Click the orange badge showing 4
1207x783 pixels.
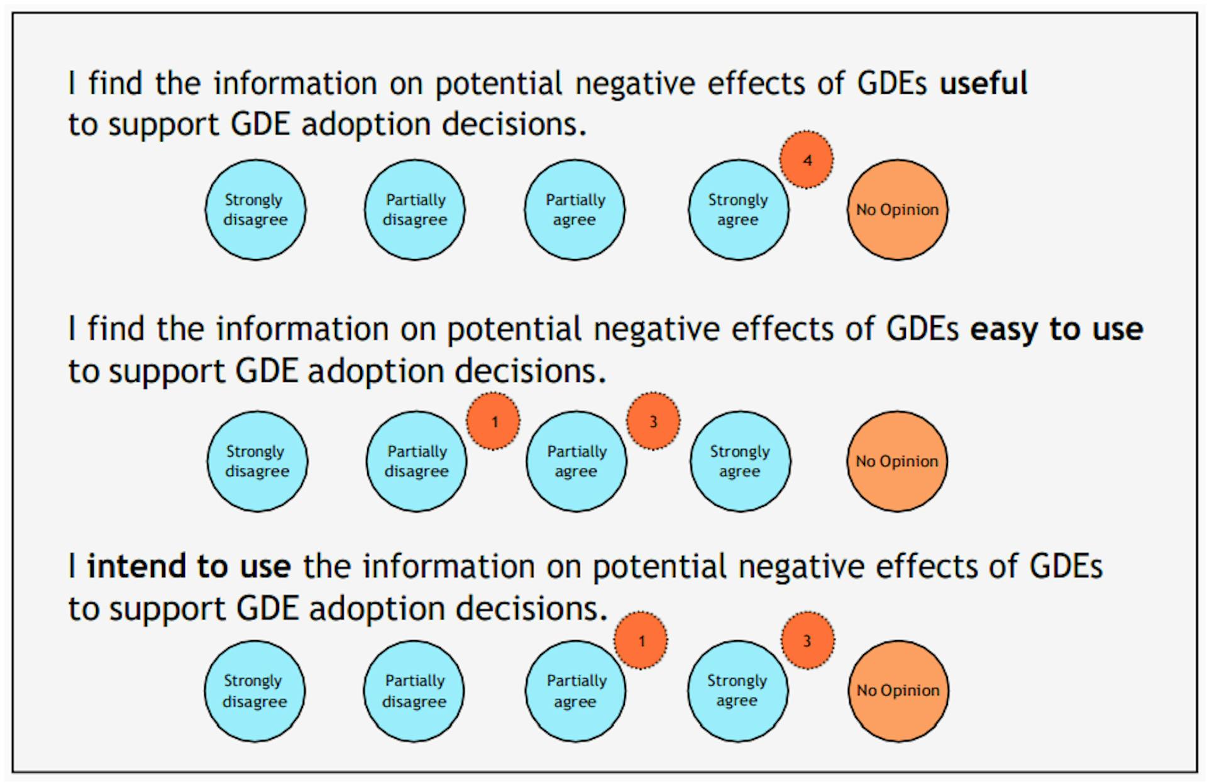807,160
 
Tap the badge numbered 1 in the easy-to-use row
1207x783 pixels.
493,421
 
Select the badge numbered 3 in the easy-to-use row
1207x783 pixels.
653,421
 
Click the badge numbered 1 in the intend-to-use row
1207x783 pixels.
641,640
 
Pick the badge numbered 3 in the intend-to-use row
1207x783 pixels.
808,640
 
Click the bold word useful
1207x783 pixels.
983,83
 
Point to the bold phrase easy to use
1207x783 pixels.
1056,329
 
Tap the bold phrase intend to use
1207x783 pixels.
189,566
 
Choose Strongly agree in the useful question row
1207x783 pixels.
738,209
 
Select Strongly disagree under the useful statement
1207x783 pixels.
255,209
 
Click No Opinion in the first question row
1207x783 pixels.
897,209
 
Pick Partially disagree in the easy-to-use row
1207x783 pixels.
417,461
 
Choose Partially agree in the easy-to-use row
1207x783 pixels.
576,461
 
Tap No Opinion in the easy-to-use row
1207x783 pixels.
896,461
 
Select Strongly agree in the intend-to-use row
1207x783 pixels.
737,691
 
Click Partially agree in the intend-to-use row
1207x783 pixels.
576,691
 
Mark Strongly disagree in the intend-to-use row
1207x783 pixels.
255,691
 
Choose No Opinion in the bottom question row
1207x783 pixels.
898,691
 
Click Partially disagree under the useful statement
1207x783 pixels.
415,209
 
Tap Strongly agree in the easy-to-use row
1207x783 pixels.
740,461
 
